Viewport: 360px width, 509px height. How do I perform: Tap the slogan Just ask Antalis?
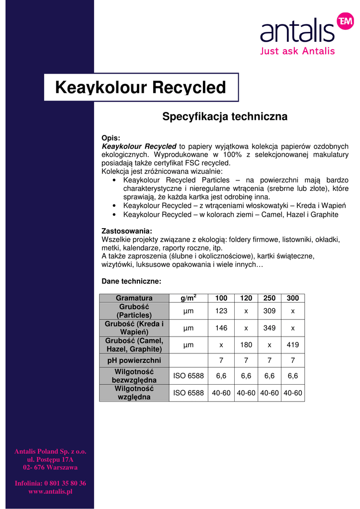pos(297,51)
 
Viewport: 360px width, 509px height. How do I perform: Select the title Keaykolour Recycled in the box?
pos(141,87)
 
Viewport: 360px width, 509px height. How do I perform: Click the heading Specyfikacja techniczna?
pos(225,117)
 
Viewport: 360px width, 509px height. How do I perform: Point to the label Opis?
pos(111,138)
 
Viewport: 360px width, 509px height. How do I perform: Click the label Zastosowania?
pos(127,231)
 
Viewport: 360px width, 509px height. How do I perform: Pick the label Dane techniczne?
pos(131,281)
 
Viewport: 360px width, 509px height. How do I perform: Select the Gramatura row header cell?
pos(134,298)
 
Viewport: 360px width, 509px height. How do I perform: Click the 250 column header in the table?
pos(269,298)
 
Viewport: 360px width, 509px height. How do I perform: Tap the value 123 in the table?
pos(221,311)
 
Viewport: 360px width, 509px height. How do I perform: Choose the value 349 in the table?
pos(269,328)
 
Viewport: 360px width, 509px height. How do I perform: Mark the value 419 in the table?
pos(293,344)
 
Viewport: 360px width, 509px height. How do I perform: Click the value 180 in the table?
pos(246,344)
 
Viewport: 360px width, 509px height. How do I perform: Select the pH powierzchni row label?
pos(134,360)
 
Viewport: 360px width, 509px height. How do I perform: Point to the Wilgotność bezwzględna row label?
pos(134,376)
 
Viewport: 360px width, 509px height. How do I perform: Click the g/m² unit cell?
pos(188,298)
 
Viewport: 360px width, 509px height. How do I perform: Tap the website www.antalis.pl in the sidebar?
pos(50,492)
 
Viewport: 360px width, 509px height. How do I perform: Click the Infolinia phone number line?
pos(50,483)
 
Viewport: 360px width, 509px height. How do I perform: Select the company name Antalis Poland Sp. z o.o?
pos(50,451)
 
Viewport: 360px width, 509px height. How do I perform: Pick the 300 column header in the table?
pos(293,298)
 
